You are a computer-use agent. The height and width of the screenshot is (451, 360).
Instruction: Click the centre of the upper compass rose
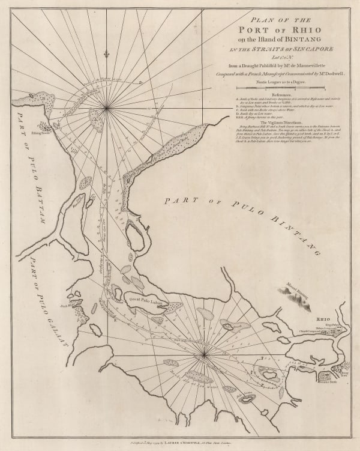pos(107,108)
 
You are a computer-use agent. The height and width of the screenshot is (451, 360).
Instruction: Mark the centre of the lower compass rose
pos(204,354)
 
